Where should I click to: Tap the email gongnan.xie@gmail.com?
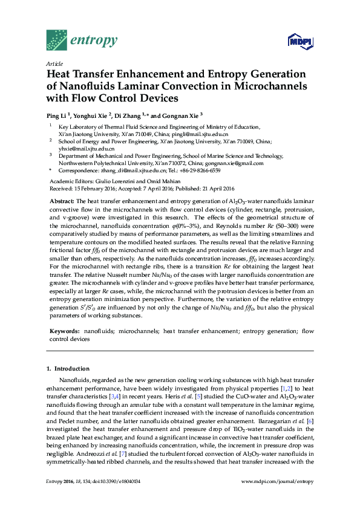238,163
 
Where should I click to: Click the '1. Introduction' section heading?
67,368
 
